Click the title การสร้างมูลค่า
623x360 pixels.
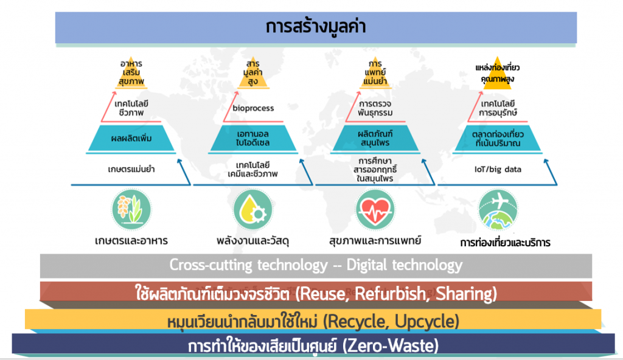point(316,27)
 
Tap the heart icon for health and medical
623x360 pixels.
point(375,210)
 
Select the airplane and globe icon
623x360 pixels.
point(498,210)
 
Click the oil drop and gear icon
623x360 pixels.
point(252,210)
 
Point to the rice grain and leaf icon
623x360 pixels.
point(131,210)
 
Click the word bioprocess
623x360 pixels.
point(253,108)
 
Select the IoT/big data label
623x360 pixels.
point(498,169)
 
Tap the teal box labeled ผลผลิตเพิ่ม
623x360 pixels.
point(131,138)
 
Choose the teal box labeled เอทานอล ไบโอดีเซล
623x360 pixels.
point(253,138)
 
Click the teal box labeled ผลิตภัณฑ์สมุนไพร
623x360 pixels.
point(375,138)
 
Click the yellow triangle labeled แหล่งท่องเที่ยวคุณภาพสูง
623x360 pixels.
point(498,74)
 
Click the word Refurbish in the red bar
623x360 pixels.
point(390,294)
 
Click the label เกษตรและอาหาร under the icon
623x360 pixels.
point(131,240)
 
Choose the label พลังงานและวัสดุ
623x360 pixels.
point(252,240)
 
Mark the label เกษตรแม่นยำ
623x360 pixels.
point(131,169)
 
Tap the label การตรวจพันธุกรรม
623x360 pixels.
point(375,108)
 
